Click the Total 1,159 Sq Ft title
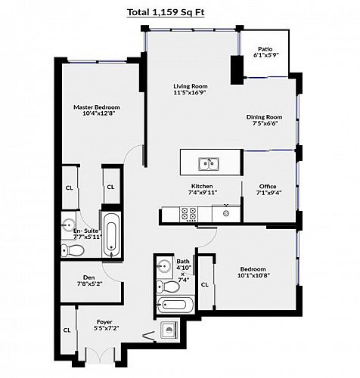(x=166, y=12)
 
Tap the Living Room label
(x=191, y=86)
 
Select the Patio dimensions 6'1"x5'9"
(x=265, y=55)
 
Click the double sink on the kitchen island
(x=209, y=164)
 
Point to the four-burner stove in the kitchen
(x=188, y=214)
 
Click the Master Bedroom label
(x=97, y=107)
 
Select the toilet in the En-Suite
(x=73, y=250)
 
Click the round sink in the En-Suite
(x=68, y=225)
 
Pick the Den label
(x=89, y=277)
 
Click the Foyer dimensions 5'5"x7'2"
(x=106, y=328)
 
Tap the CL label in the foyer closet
(x=67, y=330)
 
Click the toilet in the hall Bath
(x=168, y=287)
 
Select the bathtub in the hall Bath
(x=175, y=305)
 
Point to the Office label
(x=268, y=187)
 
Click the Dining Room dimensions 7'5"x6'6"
(x=265, y=123)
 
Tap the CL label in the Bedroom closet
(x=205, y=284)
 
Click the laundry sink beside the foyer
(x=169, y=330)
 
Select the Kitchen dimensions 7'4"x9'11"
(x=203, y=193)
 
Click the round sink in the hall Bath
(x=164, y=266)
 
